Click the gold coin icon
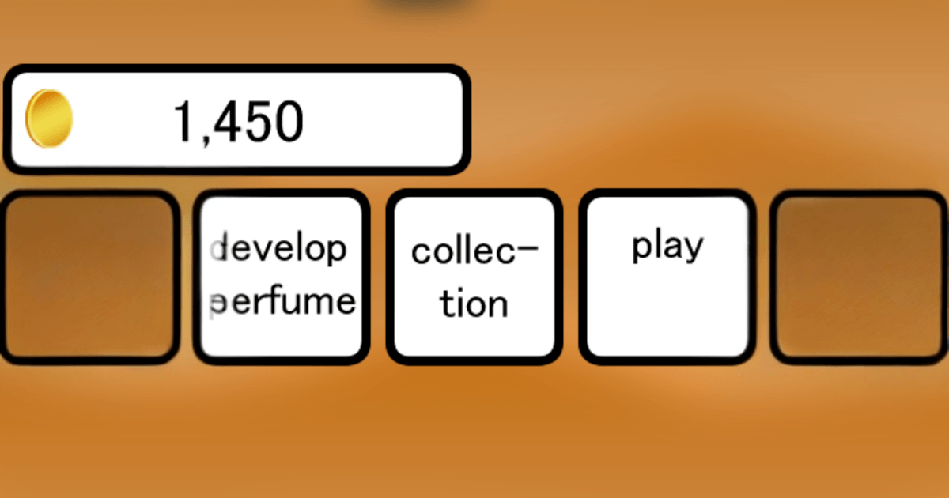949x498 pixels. click(x=49, y=119)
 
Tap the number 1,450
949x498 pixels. click(x=239, y=122)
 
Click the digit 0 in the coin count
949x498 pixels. click(x=289, y=122)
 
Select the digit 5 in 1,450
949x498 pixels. click(x=260, y=122)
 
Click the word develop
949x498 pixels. click(x=278, y=247)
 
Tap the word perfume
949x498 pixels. click(x=282, y=301)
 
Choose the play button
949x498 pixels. click(x=667, y=277)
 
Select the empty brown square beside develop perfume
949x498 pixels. click(x=89, y=277)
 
